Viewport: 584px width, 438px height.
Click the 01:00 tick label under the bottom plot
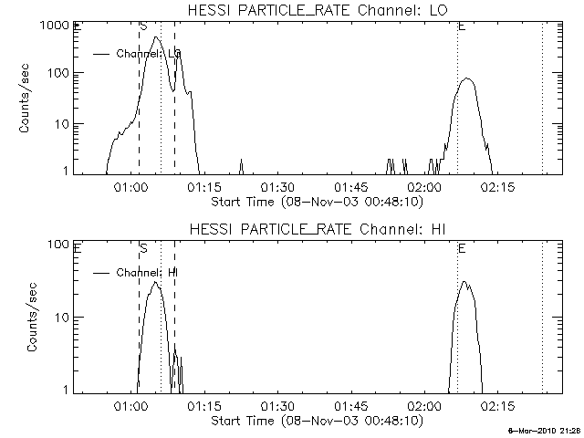pyautogui.click(x=130, y=405)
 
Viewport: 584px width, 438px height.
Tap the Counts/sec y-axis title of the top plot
pyautogui.click(x=26, y=98)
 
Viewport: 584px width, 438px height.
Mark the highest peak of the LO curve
pyautogui.click(x=157, y=37)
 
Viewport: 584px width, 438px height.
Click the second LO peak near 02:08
pyautogui.click(x=467, y=78)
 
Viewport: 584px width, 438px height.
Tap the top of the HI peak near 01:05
pyautogui.click(x=155, y=282)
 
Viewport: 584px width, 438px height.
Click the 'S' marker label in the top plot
pyautogui.click(x=143, y=26)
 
